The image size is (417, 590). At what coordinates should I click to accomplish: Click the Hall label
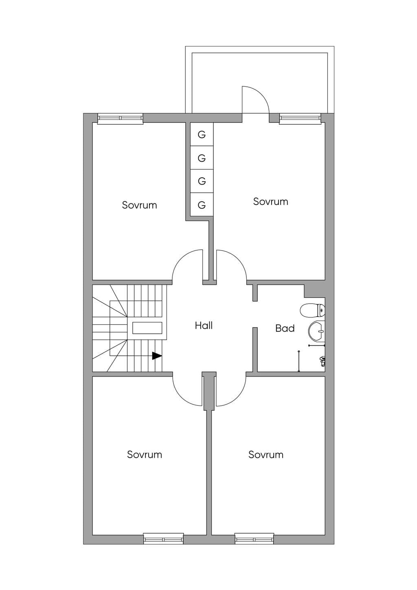pos(204,326)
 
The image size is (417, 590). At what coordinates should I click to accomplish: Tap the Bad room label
pos(285,328)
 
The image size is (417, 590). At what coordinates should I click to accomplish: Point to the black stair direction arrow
pos(157,356)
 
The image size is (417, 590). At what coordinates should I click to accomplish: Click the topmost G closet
pos(202,134)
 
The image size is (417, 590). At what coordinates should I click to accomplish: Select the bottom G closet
pos(202,205)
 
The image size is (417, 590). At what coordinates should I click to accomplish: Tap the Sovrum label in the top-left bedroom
pos(139,205)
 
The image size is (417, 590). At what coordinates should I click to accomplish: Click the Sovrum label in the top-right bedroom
pos(271,202)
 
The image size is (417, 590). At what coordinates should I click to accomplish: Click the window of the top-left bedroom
pos(120,119)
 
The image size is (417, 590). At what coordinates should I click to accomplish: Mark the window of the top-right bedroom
pos(301,119)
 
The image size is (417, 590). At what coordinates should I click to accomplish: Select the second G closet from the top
pos(202,158)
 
